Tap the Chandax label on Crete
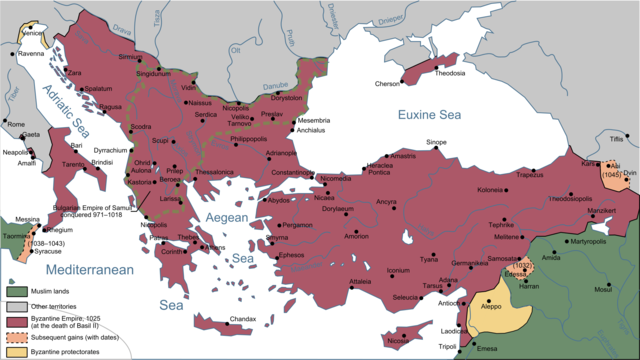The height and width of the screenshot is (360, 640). click(244, 319)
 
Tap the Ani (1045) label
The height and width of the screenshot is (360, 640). click(617, 168)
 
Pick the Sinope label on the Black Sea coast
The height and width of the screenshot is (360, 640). click(436, 143)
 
